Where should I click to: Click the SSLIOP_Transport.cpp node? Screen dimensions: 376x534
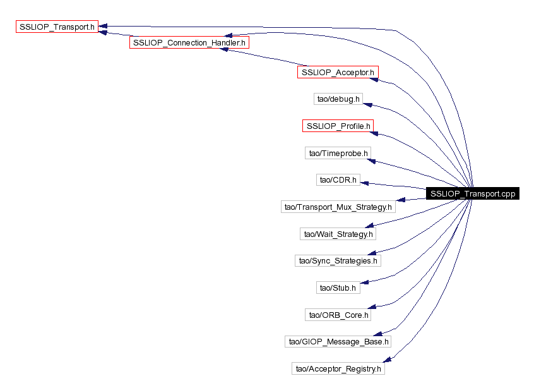coord(472,194)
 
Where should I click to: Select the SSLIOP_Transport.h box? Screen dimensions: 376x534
coord(57,27)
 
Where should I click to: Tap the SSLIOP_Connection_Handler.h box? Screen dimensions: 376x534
coord(189,42)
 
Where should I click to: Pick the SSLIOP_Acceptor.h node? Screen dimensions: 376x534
coord(338,73)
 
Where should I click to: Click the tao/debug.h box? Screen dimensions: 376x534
coord(338,99)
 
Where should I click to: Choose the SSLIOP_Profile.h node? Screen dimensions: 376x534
coord(338,126)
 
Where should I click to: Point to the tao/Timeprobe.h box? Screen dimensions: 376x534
coord(338,153)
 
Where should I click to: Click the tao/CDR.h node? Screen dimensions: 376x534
coord(338,180)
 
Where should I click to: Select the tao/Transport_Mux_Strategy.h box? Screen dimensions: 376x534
coord(338,207)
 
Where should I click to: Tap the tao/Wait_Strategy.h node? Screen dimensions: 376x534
coord(338,234)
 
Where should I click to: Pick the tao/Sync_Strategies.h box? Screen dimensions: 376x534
coord(338,260)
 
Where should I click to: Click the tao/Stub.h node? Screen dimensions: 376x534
coord(338,288)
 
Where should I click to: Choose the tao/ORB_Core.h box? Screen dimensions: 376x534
coord(338,314)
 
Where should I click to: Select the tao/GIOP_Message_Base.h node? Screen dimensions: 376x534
coord(338,341)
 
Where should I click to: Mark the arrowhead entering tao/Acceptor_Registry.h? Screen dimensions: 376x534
coord(389,360)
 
